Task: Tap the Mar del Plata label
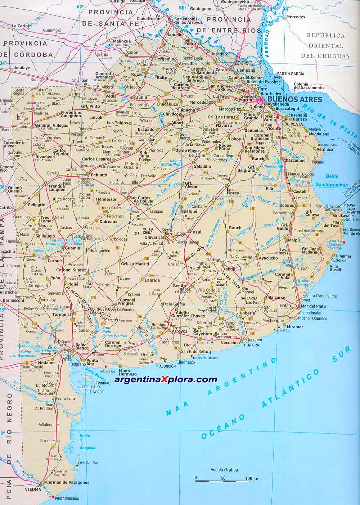point(313,306)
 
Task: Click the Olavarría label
point(153,237)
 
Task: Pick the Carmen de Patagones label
point(68,482)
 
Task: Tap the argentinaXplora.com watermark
point(166,379)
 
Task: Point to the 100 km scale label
point(252,478)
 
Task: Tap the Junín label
point(141,97)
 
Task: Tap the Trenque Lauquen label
point(57,187)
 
